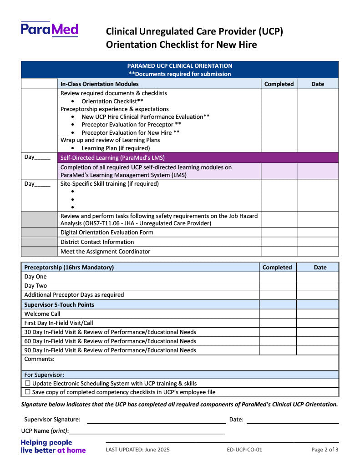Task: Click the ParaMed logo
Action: pyautogui.click(x=50, y=29)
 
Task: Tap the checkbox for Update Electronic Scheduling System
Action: pyautogui.click(x=28, y=384)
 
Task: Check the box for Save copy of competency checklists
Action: pyautogui.click(x=28, y=392)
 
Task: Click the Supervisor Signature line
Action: pyautogui.click(x=156, y=420)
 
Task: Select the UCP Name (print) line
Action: pyautogui.click(x=147, y=431)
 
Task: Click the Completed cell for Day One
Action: pyautogui.click(x=278, y=277)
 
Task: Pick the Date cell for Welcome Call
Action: pyautogui.click(x=317, y=314)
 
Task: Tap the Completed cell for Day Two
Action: pyautogui.click(x=278, y=286)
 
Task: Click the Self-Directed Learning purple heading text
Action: pyautogui.click(x=112, y=158)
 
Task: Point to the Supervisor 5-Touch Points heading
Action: pyautogui.click(x=59, y=304)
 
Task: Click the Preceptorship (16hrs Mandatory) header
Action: pyautogui.click(x=69, y=268)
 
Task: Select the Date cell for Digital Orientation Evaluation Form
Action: pyautogui.click(x=317, y=233)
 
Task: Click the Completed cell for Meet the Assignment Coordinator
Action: pyautogui.click(x=279, y=252)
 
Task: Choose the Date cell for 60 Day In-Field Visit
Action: pyautogui.click(x=317, y=341)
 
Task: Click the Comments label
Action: pyautogui.click(x=39, y=359)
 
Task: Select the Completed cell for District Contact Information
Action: pyautogui.click(x=279, y=242)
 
